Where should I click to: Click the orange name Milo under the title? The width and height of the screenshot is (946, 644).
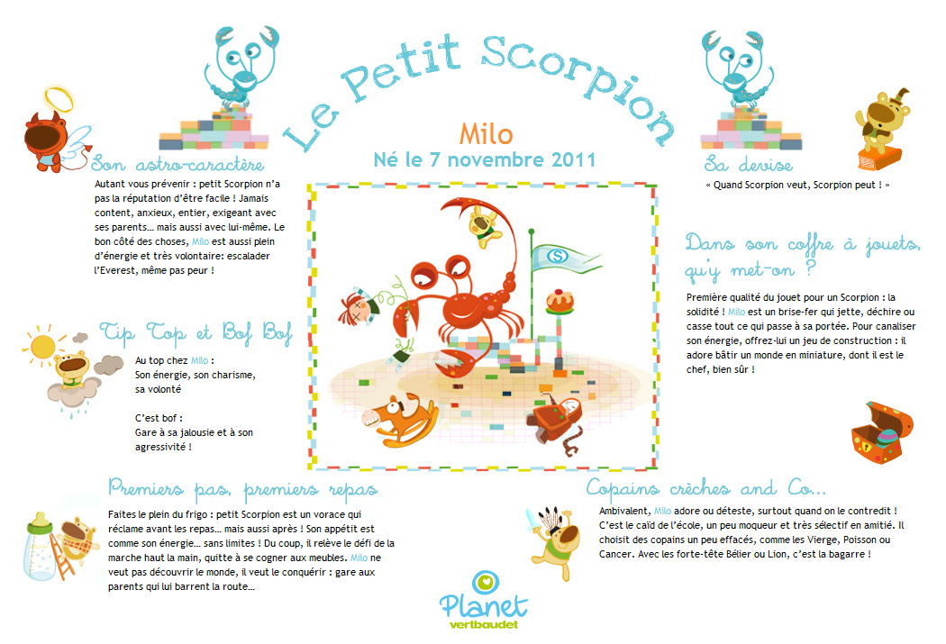coord(486,133)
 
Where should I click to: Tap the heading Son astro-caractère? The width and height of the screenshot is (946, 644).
coord(177,165)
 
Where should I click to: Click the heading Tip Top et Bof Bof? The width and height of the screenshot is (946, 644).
coord(196,331)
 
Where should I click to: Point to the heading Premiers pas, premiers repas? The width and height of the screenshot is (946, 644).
coord(242,488)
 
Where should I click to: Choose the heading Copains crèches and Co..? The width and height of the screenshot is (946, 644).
coord(705,488)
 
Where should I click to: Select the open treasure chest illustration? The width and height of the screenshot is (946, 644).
coord(875,434)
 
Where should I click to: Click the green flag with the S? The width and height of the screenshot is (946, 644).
coord(558,258)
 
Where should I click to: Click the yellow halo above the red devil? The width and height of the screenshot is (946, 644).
coord(56,96)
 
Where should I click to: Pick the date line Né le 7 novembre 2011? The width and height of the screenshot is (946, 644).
coord(485,160)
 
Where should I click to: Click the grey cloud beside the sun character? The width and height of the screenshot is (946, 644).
coord(110,364)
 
